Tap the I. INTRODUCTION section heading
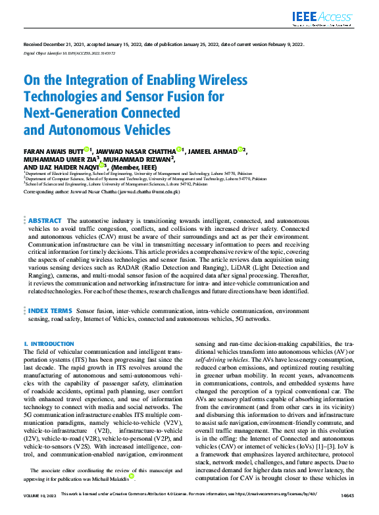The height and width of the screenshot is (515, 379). coord(49,344)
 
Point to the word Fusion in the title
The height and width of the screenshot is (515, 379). coord(185,97)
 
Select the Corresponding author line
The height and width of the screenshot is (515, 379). coord(102,191)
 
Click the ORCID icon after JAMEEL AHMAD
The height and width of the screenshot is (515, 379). coord(240,150)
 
